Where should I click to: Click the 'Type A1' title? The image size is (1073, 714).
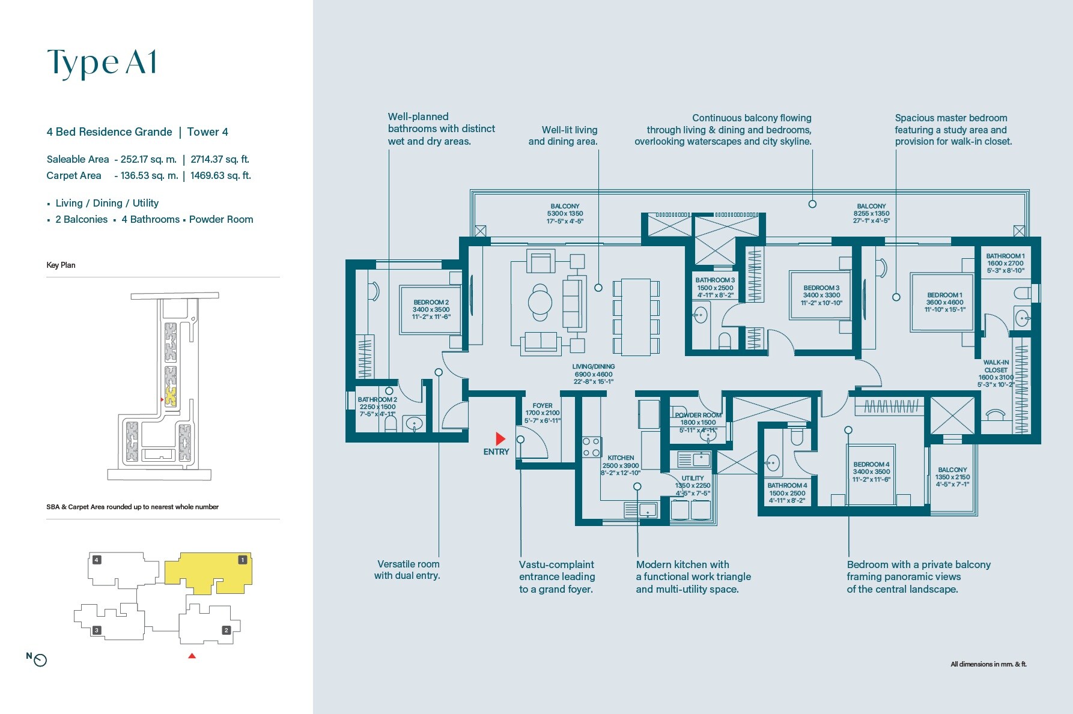[102, 62]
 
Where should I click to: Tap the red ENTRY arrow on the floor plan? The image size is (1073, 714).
[500, 439]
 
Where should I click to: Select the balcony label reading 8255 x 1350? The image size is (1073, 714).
[871, 213]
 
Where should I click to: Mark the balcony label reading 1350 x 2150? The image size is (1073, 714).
[952, 477]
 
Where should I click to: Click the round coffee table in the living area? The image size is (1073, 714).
[540, 302]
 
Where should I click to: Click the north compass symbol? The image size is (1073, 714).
[40, 660]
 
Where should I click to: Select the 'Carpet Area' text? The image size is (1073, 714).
[74, 175]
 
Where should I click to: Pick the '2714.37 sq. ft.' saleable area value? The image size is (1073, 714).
[220, 159]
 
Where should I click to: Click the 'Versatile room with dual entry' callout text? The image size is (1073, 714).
[407, 570]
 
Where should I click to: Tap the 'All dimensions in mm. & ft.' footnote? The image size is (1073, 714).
[988, 664]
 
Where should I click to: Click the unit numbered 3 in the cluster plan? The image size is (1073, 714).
[97, 630]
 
